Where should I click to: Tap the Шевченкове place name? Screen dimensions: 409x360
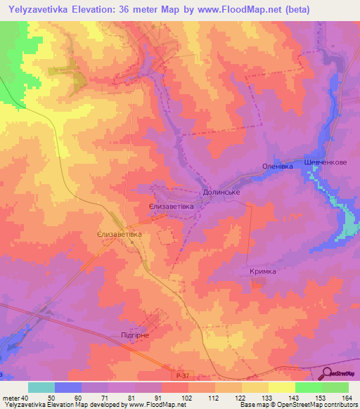click(326, 161)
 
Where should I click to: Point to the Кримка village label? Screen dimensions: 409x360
click(262, 271)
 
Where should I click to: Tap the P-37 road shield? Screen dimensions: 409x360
click(183, 377)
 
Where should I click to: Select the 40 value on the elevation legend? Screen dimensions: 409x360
click(25, 398)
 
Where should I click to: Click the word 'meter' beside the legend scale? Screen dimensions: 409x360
click(10, 398)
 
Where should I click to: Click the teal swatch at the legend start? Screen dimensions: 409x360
click(41, 387)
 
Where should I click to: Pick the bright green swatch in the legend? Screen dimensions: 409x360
click(309, 387)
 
